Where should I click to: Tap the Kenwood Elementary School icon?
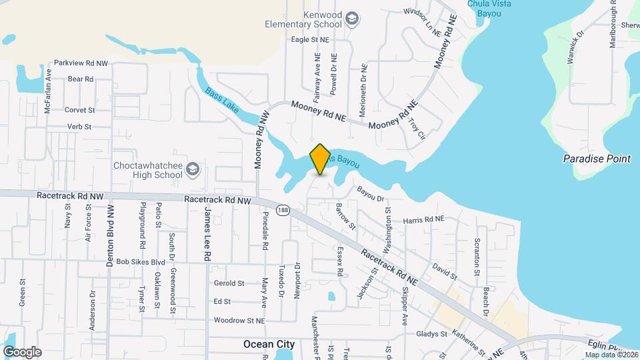[353, 17]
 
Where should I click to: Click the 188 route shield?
[284, 209]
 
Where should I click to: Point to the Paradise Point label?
[597, 159]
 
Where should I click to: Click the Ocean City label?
[269, 344]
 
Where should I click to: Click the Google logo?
[22, 351]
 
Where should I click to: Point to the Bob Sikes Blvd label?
[140, 262]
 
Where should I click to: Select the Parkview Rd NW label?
[81, 63]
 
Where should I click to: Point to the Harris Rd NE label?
[423, 219]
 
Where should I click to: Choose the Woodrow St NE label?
[239, 321]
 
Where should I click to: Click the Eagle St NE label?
[311, 40]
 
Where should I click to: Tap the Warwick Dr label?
[575, 47]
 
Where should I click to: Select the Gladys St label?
[431, 334]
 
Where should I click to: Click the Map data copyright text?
[611, 355]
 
